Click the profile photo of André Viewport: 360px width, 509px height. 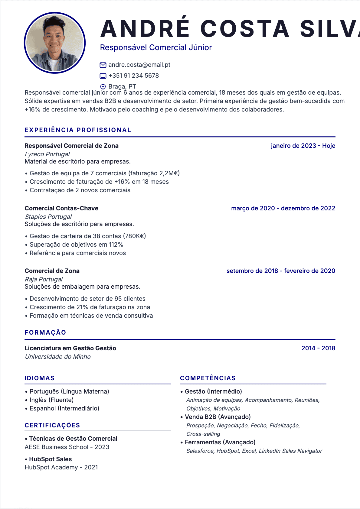[55, 43]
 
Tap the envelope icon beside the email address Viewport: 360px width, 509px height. [103, 65]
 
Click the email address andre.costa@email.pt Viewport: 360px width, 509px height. [139, 65]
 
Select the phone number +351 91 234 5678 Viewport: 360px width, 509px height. [133, 76]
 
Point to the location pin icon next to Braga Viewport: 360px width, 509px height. [103, 87]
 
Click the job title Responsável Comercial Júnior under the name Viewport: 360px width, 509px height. [156, 47]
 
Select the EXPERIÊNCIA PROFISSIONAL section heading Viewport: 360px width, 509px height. [78, 130]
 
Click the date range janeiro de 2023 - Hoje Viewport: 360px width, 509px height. [303, 146]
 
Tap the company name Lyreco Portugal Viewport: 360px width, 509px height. [47, 154]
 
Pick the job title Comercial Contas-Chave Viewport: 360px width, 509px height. [61, 208]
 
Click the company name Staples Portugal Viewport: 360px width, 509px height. [48, 217]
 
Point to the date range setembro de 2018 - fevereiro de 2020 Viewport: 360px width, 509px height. [281, 271]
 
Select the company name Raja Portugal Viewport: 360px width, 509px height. [44, 279]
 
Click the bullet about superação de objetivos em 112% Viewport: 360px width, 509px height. [76, 245]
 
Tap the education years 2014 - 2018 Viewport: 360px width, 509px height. [318, 348]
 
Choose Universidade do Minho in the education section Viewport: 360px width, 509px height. [57, 357]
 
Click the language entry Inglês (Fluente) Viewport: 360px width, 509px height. [51, 400]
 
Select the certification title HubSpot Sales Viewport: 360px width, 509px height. [50, 459]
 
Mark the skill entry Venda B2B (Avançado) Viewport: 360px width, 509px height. [218, 417]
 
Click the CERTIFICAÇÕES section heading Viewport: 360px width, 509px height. [52, 425]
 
